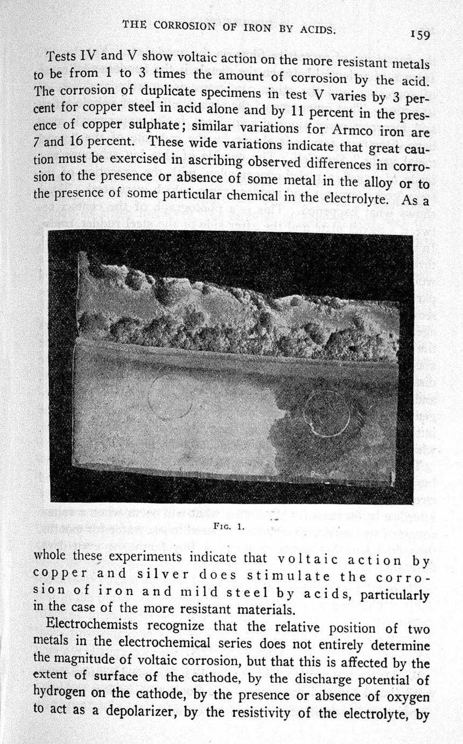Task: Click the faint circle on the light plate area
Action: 170,396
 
